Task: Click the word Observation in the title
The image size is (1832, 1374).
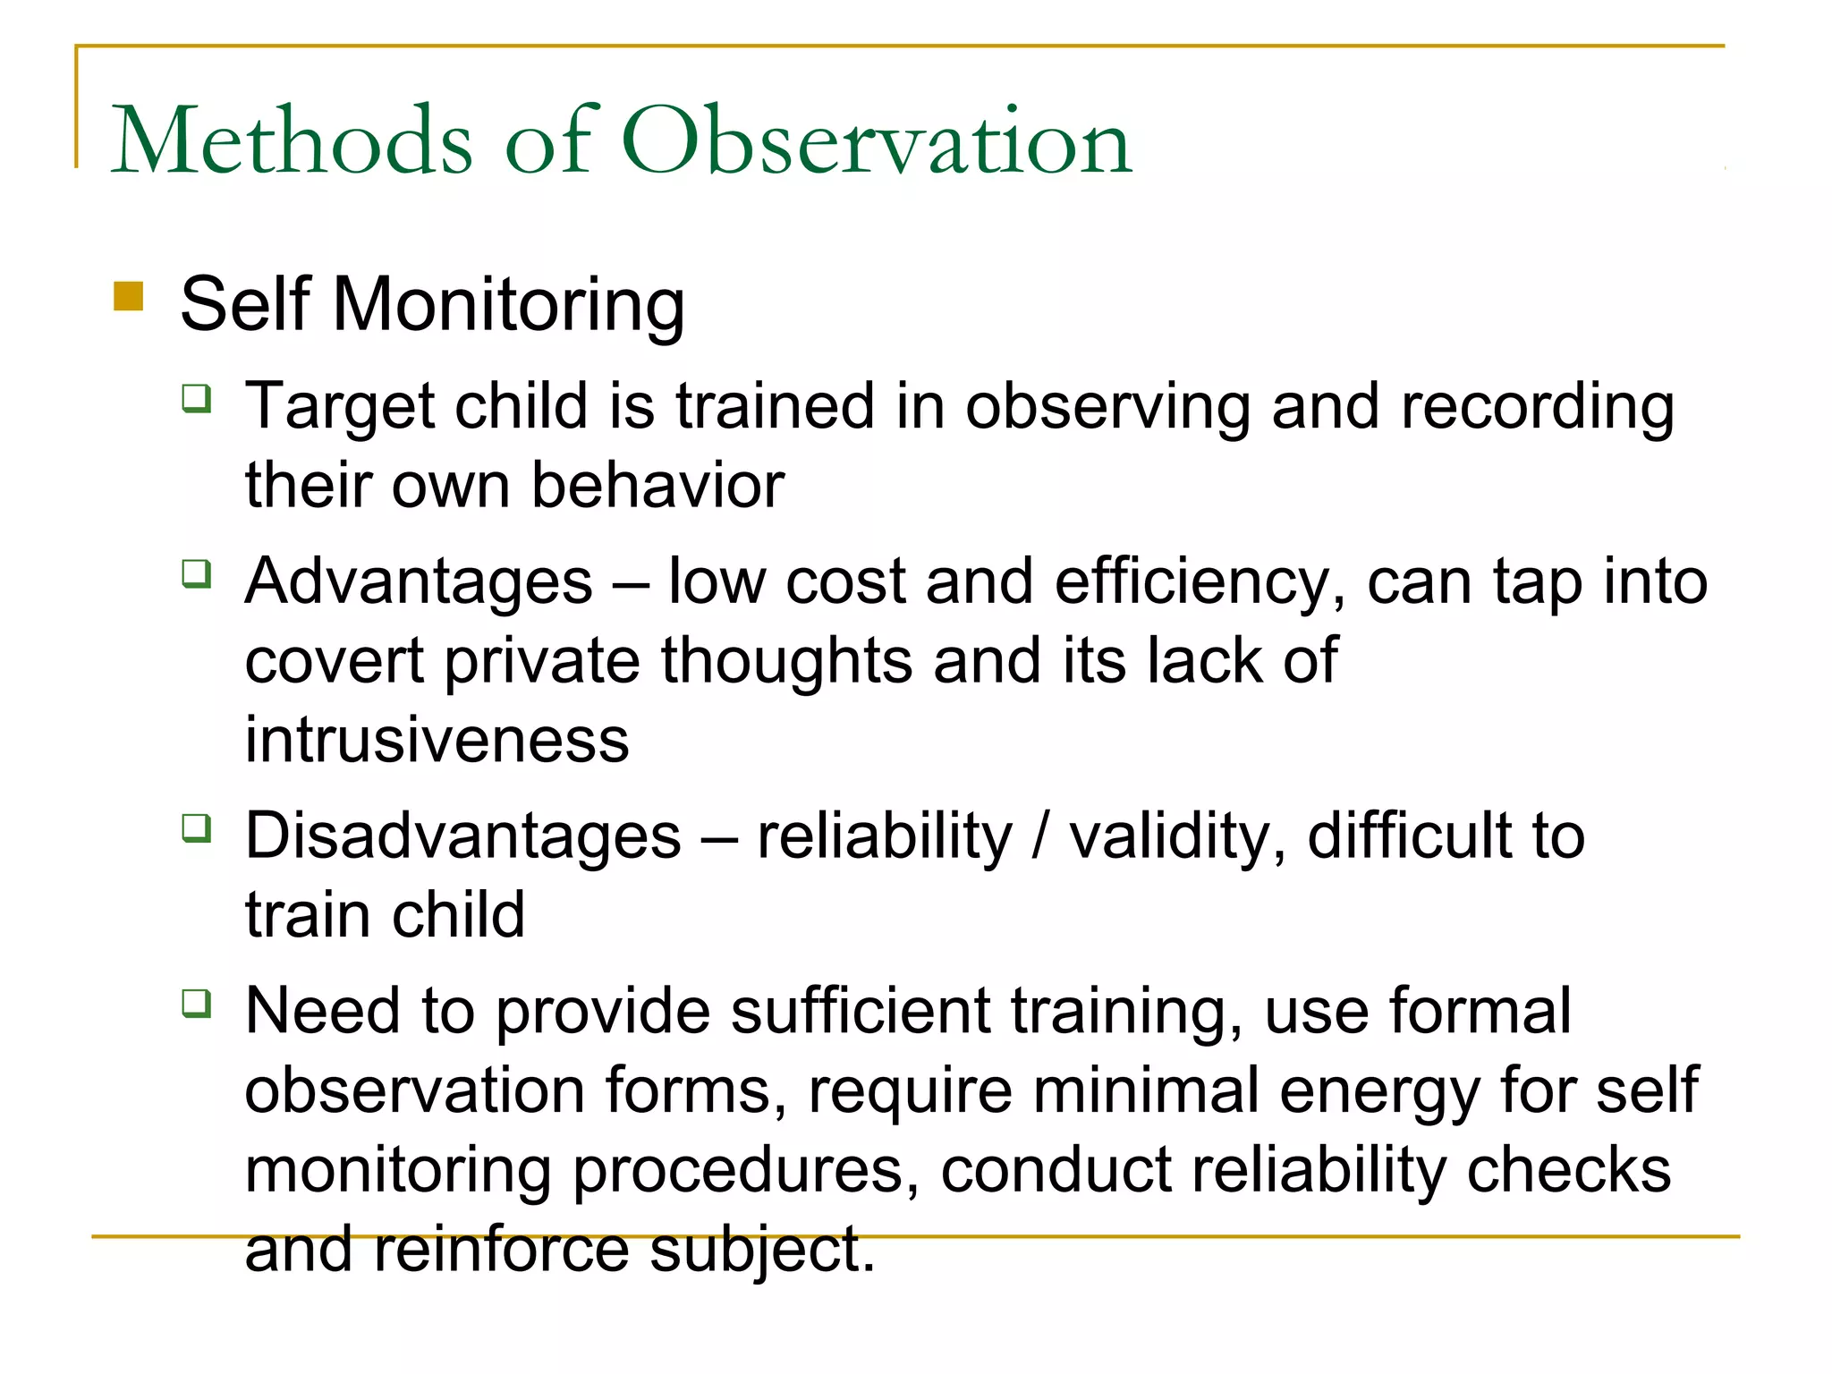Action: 877,141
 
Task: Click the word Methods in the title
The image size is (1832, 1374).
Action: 292,141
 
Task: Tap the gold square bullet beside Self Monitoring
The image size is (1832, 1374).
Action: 129,296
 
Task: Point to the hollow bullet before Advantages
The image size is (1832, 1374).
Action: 197,572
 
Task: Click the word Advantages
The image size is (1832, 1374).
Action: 419,582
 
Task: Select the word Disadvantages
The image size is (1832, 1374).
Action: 463,836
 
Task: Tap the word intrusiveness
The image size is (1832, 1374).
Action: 437,741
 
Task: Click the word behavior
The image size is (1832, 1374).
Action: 657,486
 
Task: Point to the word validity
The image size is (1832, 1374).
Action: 1177,836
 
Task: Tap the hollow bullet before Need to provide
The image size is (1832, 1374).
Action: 197,1003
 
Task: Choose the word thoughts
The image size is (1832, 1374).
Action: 785,662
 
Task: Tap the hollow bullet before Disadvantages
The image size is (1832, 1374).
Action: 197,828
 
